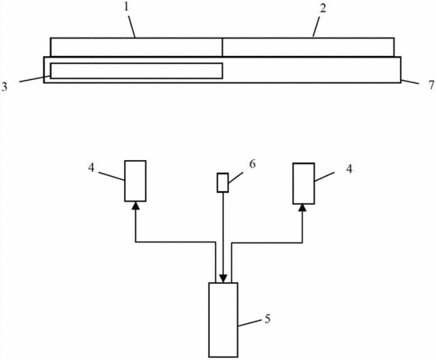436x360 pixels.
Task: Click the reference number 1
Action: (126, 7)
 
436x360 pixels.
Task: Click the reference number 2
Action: (322, 8)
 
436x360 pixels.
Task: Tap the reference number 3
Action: (5, 87)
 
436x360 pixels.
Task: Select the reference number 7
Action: (431, 85)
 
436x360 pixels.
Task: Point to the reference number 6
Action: (252, 164)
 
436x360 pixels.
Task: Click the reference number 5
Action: (267, 318)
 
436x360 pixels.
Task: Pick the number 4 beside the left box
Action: (91, 168)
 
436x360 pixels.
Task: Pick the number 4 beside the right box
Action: (349, 169)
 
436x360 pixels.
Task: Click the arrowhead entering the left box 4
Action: (135, 206)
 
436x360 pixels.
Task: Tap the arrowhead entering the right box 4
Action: (302, 208)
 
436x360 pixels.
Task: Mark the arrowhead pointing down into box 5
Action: (223, 279)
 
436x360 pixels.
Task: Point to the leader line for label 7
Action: (410, 82)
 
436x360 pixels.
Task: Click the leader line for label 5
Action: (250, 323)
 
